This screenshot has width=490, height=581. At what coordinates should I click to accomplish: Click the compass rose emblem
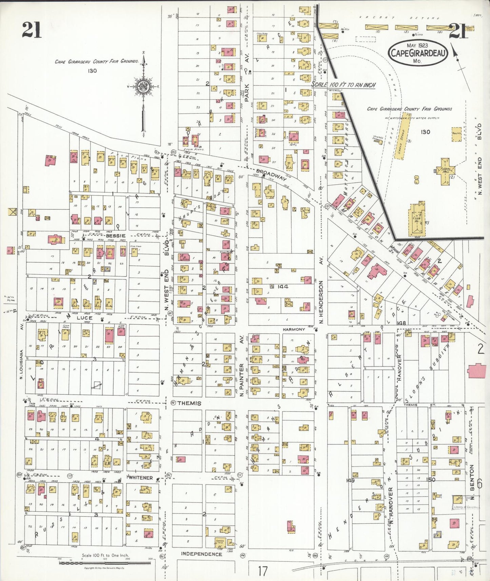[x=142, y=87]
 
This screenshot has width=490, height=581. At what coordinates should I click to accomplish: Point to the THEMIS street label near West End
[x=189, y=403]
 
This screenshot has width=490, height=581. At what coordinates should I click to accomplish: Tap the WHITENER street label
[x=141, y=478]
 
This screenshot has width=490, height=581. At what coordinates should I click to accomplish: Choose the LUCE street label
[x=84, y=318]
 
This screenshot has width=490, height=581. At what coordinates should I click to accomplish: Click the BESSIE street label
[x=115, y=236]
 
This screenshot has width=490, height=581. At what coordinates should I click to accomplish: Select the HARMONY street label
[x=294, y=329]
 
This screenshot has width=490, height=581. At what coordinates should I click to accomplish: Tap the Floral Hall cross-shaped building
[x=445, y=171]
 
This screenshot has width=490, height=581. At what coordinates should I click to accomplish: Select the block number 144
[x=282, y=286]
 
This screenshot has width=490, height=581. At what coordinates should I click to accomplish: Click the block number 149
[x=350, y=480]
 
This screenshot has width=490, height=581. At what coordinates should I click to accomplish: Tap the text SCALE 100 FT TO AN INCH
[x=343, y=85]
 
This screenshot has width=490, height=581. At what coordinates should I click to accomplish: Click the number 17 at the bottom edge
[x=262, y=571]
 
